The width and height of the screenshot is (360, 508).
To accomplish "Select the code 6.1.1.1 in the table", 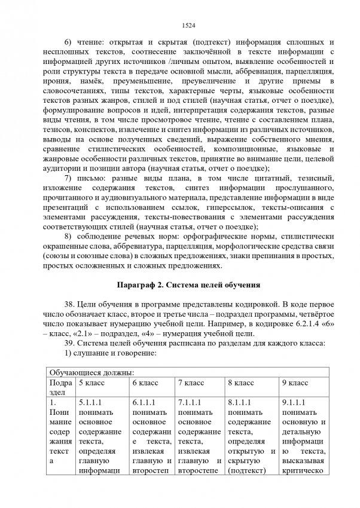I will tap(144, 403).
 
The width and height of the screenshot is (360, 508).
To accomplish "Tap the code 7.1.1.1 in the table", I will tap(190, 403).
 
